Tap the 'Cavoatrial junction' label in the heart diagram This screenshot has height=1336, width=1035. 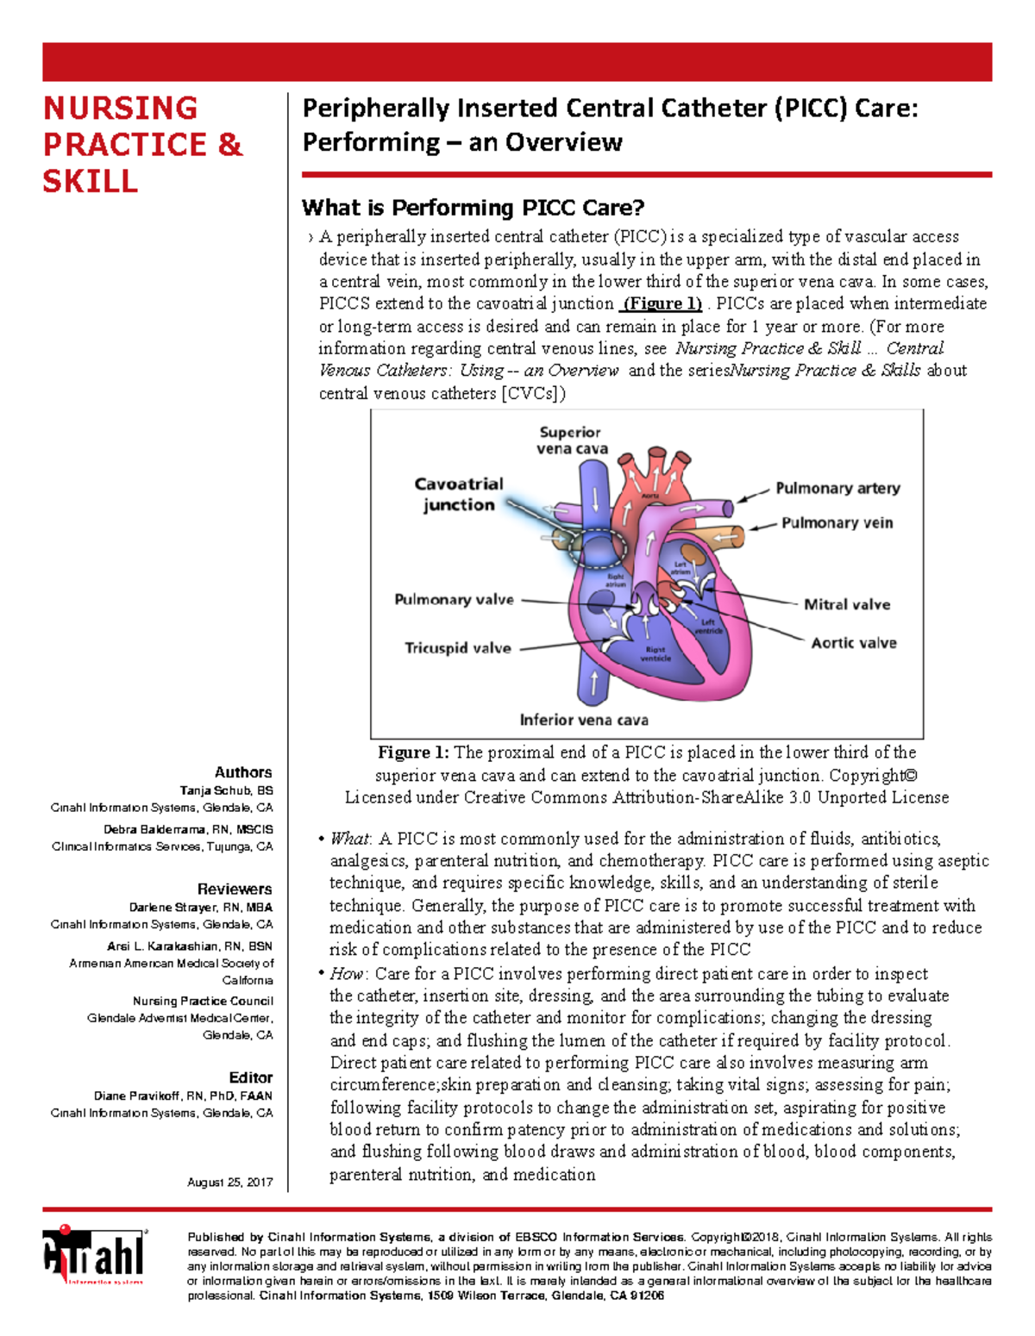458,495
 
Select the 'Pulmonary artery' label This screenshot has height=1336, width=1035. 837,489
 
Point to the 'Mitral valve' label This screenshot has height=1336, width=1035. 846,605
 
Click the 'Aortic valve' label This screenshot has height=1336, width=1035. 853,643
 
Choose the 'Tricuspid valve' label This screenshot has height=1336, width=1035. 457,648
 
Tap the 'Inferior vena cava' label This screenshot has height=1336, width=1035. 583,720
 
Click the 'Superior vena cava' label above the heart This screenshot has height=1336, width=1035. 571,440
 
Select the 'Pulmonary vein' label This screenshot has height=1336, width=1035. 837,523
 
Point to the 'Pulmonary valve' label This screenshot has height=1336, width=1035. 454,600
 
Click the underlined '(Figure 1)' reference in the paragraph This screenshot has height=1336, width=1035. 662,303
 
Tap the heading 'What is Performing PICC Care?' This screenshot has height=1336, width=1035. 473,208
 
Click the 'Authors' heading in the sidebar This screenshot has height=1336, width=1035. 243,772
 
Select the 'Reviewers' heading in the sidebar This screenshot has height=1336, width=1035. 235,889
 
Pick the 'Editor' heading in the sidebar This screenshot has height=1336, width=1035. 250,1077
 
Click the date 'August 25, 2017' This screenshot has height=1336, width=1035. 229,1183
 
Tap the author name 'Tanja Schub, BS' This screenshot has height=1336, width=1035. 226,790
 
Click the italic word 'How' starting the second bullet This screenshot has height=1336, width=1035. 347,974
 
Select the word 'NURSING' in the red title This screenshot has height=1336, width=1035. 121,109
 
